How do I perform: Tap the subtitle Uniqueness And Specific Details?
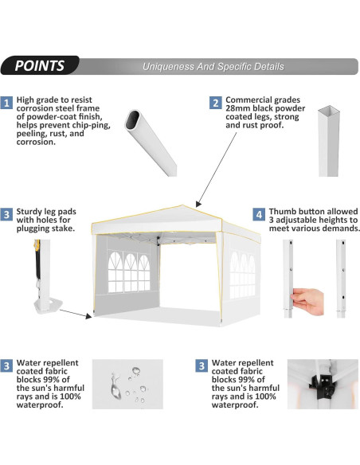tap(213, 67)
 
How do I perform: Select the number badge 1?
tap(7, 104)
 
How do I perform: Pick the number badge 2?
tap(216, 103)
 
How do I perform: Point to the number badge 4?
tap(259, 214)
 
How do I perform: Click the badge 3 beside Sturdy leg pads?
tap(7, 215)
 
